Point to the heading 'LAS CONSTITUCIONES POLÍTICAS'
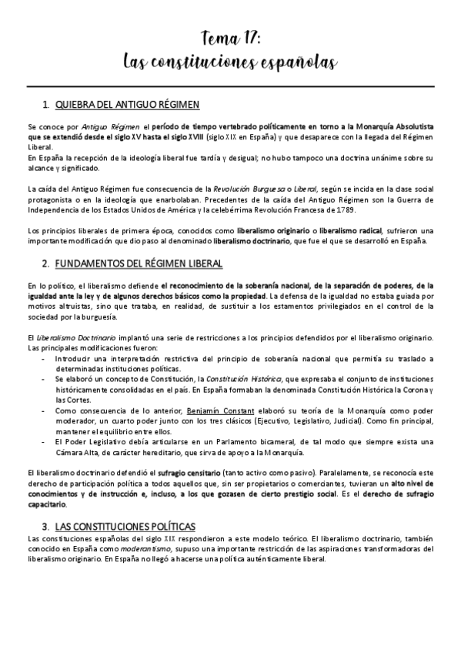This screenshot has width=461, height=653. pyautogui.click(x=132, y=503)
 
